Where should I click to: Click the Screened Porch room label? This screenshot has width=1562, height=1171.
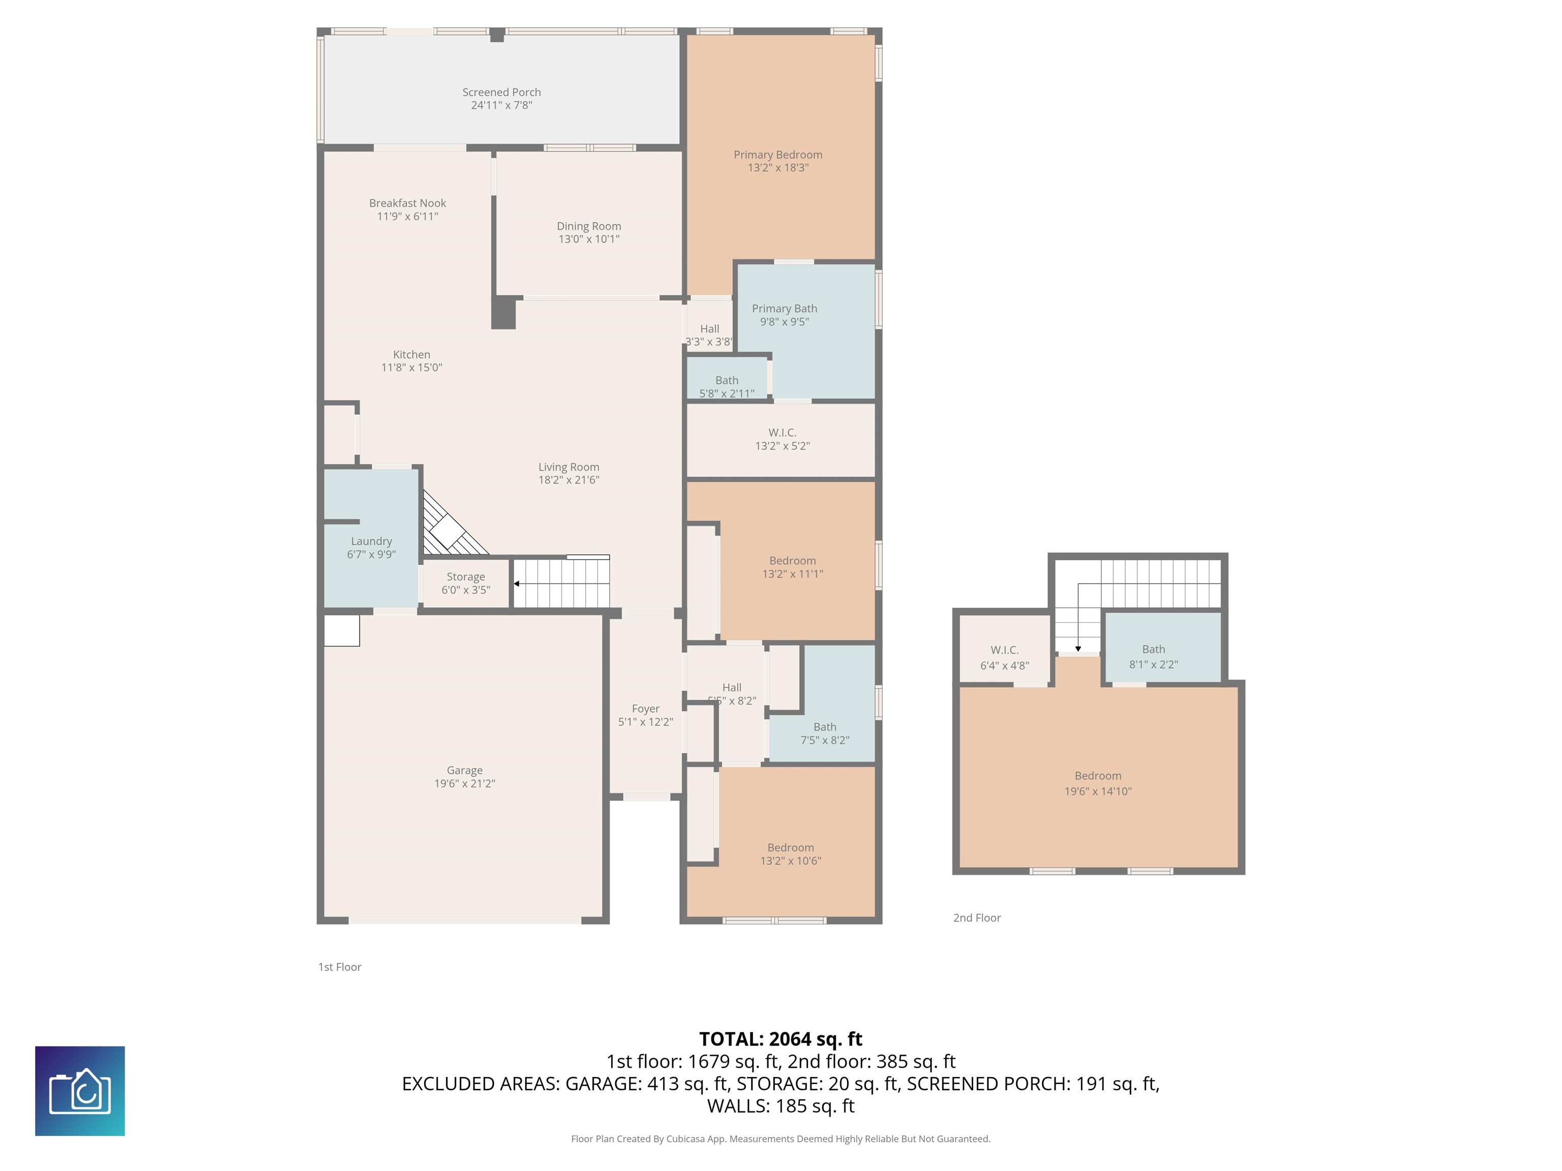501,93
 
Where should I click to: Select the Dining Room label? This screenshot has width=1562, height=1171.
588,226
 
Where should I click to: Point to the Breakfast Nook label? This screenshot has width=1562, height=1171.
407,203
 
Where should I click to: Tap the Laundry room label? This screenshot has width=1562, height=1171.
372,541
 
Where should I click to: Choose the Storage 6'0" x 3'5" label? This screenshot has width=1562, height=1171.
465,583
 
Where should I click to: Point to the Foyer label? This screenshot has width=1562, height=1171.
645,708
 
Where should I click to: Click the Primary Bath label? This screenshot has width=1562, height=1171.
784,309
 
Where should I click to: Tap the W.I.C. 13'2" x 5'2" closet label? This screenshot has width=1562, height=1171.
782,439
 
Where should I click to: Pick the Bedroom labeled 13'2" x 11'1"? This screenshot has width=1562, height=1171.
792,567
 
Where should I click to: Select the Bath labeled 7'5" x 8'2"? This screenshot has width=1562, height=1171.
824,733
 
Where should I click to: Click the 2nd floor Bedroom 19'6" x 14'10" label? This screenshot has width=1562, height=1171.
1097,783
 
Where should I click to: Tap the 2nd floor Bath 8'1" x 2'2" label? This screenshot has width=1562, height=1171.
1153,657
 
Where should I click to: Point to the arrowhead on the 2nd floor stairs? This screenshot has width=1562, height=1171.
1077,649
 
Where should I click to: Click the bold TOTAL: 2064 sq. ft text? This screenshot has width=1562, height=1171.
780,1039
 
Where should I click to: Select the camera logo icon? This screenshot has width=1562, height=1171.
80,1091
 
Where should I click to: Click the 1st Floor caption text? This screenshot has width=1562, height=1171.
340,967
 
